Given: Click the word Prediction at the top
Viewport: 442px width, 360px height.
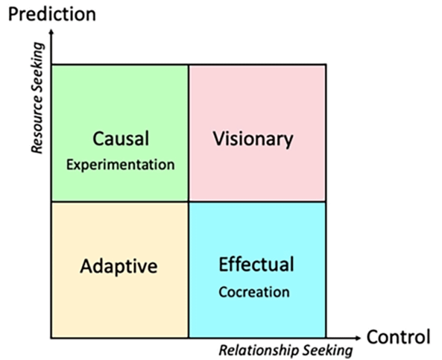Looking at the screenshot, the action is click(52, 14).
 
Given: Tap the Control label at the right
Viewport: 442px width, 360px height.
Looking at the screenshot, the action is click(398, 337).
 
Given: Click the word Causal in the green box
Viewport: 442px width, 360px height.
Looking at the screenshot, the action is click(121, 139).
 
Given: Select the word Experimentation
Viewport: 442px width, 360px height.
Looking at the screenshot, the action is click(120, 165).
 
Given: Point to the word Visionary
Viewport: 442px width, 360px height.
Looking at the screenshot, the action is click(253, 139).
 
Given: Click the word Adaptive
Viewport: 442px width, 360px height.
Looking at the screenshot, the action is click(119, 266).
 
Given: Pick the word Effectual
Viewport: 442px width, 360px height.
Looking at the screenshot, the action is click(256, 264).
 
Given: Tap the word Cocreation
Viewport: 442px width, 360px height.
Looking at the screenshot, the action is click(254, 292).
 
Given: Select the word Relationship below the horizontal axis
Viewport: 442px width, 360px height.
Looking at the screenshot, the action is click(259, 351).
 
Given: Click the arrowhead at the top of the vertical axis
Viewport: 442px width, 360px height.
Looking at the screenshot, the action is click(51, 32).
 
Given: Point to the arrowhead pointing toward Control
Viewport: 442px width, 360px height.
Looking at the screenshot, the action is click(358, 338).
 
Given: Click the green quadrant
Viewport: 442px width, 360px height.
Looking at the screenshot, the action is click(120, 133).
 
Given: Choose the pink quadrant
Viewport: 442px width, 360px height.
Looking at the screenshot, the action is click(257, 133).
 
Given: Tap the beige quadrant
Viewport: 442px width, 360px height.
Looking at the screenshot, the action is click(120, 270).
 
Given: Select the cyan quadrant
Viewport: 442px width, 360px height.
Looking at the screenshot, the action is click(257, 270).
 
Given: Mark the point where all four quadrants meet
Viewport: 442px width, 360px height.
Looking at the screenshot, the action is click(189, 202).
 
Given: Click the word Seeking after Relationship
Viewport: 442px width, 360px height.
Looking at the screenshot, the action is click(327, 351).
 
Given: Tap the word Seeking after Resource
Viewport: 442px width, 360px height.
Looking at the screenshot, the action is click(37, 72).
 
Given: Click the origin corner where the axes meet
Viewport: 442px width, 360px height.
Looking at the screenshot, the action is click(51, 338).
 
